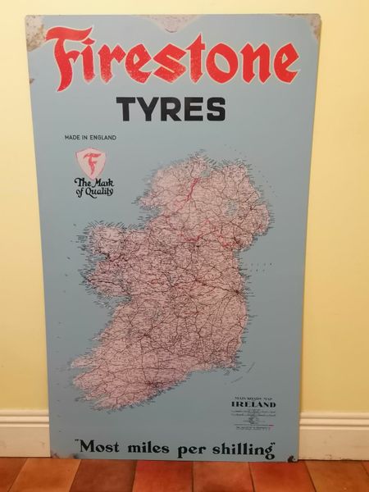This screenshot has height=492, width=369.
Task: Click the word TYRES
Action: coord(171,109)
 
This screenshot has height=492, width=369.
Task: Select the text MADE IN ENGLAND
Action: coord(89,137)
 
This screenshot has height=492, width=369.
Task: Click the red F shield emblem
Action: coord(91,161)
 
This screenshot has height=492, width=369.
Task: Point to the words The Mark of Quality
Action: coord(93,187)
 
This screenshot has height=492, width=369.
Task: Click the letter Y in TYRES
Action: coord(149,109)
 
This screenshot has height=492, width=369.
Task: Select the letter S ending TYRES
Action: coord(216,109)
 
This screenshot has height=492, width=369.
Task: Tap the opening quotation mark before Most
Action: coord(79,444)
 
